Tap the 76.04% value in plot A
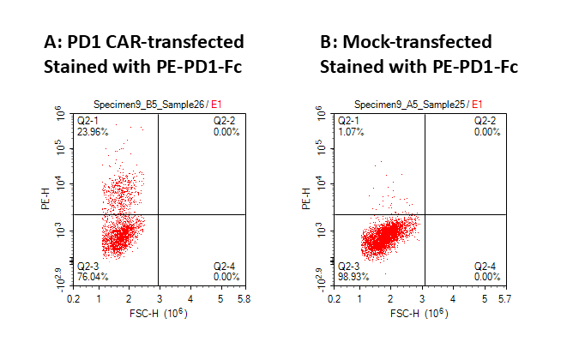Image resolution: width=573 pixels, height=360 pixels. [x=90, y=277]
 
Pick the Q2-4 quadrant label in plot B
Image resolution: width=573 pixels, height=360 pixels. [x=486, y=267]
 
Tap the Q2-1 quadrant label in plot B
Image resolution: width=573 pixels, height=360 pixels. [x=349, y=123]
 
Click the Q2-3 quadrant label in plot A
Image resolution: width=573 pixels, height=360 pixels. [x=88, y=267]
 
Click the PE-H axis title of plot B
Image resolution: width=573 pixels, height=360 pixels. [x=309, y=203]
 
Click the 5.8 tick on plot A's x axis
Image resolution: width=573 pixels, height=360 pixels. [x=243, y=299]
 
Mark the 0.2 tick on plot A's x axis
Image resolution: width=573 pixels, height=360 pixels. [x=75, y=299]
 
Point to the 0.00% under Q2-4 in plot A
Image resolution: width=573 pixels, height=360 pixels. [x=226, y=277]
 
